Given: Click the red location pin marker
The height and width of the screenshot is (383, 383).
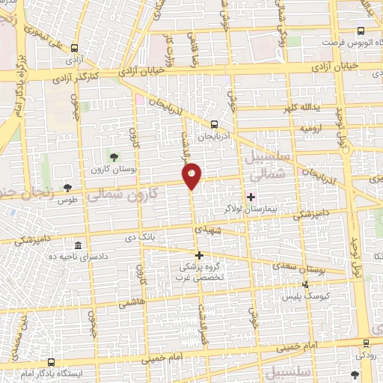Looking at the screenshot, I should (192, 176).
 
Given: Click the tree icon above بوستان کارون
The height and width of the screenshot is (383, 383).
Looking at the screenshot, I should (114, 157).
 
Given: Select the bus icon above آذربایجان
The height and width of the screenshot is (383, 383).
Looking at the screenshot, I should (215, 125).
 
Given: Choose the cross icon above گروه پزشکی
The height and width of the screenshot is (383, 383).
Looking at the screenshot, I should (199, 255).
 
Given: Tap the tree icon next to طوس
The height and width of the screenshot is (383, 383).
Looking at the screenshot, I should (68, 187).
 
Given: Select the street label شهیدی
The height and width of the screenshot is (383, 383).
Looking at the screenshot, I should (208, 230).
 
